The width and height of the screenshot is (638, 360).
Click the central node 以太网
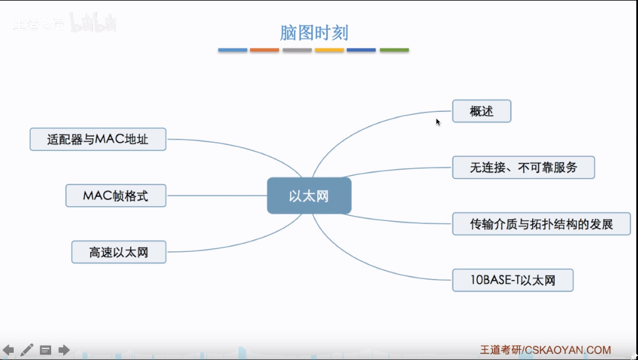tap(309, 196)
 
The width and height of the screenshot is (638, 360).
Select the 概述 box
tap(481, 111)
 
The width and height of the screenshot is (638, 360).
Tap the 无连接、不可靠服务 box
tap(523, 167)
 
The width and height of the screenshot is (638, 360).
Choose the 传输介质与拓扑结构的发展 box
tap(541, 224)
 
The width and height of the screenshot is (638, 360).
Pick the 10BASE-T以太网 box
tap(512, 280)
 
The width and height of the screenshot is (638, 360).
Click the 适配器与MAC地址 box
tap(98, 140)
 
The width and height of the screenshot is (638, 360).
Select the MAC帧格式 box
tap(115, 196)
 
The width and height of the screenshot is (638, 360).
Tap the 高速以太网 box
tap(118, 252)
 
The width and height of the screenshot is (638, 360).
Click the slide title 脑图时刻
tap(314, 33)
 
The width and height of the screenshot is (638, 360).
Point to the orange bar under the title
tap(264, 50)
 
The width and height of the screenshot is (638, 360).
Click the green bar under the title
tap(394, 50)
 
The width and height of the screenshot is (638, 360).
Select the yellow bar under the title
tap(329, 50)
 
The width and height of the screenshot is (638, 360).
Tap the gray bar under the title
tap(297, 50)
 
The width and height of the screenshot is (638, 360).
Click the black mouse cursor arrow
tap(438, 122)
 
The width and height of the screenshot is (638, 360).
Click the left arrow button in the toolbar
tap(8, 350)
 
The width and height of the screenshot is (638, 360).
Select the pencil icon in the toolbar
tap(27, 350)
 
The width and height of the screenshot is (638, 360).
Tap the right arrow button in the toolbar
tap(64, 350)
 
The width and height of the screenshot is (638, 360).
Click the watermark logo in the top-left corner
tap(64, 24)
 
